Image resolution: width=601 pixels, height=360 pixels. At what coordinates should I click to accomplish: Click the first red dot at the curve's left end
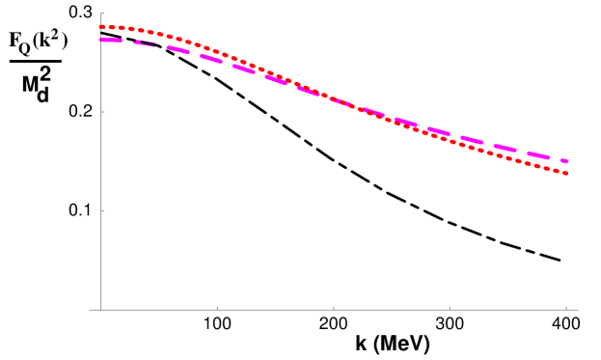tap(101, 27)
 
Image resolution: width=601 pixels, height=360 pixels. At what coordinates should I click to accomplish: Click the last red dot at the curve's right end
tap(566, 173)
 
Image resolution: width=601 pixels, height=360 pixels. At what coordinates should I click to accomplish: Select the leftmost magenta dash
tap(110, 41)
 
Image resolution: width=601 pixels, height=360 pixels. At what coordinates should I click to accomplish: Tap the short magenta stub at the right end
tap(564, 161)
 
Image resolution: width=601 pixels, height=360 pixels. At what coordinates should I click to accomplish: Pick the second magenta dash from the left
tap(145, 43)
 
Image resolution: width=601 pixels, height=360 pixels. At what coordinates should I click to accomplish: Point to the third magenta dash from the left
tap(178, 49)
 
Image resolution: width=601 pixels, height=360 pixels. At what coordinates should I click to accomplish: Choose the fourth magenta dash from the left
tap(211, 59)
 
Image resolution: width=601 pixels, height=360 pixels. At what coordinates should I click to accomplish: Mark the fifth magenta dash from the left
tap(244, 69)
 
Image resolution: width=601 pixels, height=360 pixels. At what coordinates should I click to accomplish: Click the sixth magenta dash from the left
tap(277, 80)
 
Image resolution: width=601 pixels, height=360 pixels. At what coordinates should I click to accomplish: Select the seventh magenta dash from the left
tap(309, 91)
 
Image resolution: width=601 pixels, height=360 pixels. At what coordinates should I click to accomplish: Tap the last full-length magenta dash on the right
tap(538, 154)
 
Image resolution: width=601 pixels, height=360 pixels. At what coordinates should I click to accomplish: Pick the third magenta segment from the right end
tap(505, 148)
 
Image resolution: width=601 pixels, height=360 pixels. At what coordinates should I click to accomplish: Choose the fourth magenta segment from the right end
tap(472, 140)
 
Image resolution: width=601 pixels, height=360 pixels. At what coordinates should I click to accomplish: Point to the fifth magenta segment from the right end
tap(439, 131)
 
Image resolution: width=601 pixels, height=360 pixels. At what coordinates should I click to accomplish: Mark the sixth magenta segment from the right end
tap(406, 122)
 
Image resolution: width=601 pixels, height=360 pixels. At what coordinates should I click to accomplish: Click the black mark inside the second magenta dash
tap(145, 43)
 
